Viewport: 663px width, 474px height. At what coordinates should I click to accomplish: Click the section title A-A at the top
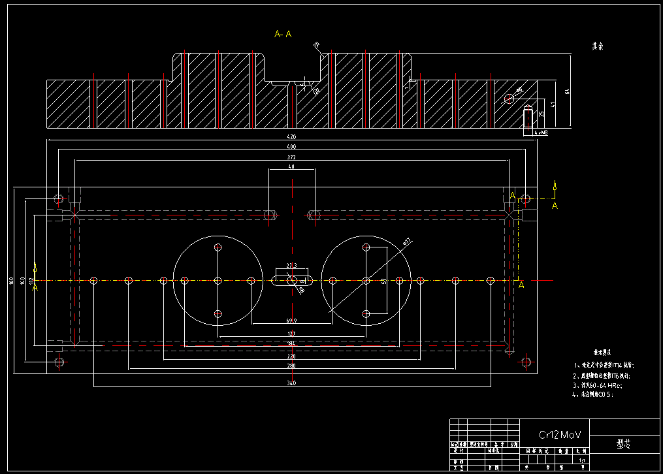pyautogui.click(x=283, y=34)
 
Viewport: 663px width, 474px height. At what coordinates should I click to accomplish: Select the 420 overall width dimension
pyautogui.click(x=291, y=138)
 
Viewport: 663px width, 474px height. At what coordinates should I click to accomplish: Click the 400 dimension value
pyautogui.click(x=291, y=148)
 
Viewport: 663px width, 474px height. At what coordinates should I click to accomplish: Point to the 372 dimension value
pyautogui.click(x=291, y=158)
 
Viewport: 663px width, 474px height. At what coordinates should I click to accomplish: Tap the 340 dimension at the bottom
pyautogui.click(x=291, y=383)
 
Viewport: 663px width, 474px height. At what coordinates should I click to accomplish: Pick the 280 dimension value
pyautogui.click(x=291, y=366)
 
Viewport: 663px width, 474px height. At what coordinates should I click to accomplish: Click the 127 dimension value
pyautogui.click(x=291, y=334)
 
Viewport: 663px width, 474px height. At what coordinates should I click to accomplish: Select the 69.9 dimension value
pyautogui.click(x=291, y=321)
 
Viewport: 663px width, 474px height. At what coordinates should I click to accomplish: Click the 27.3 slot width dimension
pyautogui.click(x=291, y=266)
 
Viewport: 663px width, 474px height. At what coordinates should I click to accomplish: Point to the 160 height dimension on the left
pyautogui.click(x=11, y=281)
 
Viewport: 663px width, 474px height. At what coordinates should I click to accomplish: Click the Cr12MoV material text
pyautogui.click(x=559, y=434)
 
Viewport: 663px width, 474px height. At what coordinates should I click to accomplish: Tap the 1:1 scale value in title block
pyautogui.click(x=582, y=460)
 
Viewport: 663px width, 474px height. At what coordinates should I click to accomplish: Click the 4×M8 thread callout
pyautogui.click(x=541, y=133)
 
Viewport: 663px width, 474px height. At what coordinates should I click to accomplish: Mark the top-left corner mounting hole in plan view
pyautogui.click(x=59, y=198)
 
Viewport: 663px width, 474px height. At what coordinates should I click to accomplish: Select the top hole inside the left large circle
pyautogui.click(x=218, y=247)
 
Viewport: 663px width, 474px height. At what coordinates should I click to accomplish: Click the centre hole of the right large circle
pyautogui.click(x=366, y=281)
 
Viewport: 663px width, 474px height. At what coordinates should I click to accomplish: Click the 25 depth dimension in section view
pyautogui.click(x=541, y=114)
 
